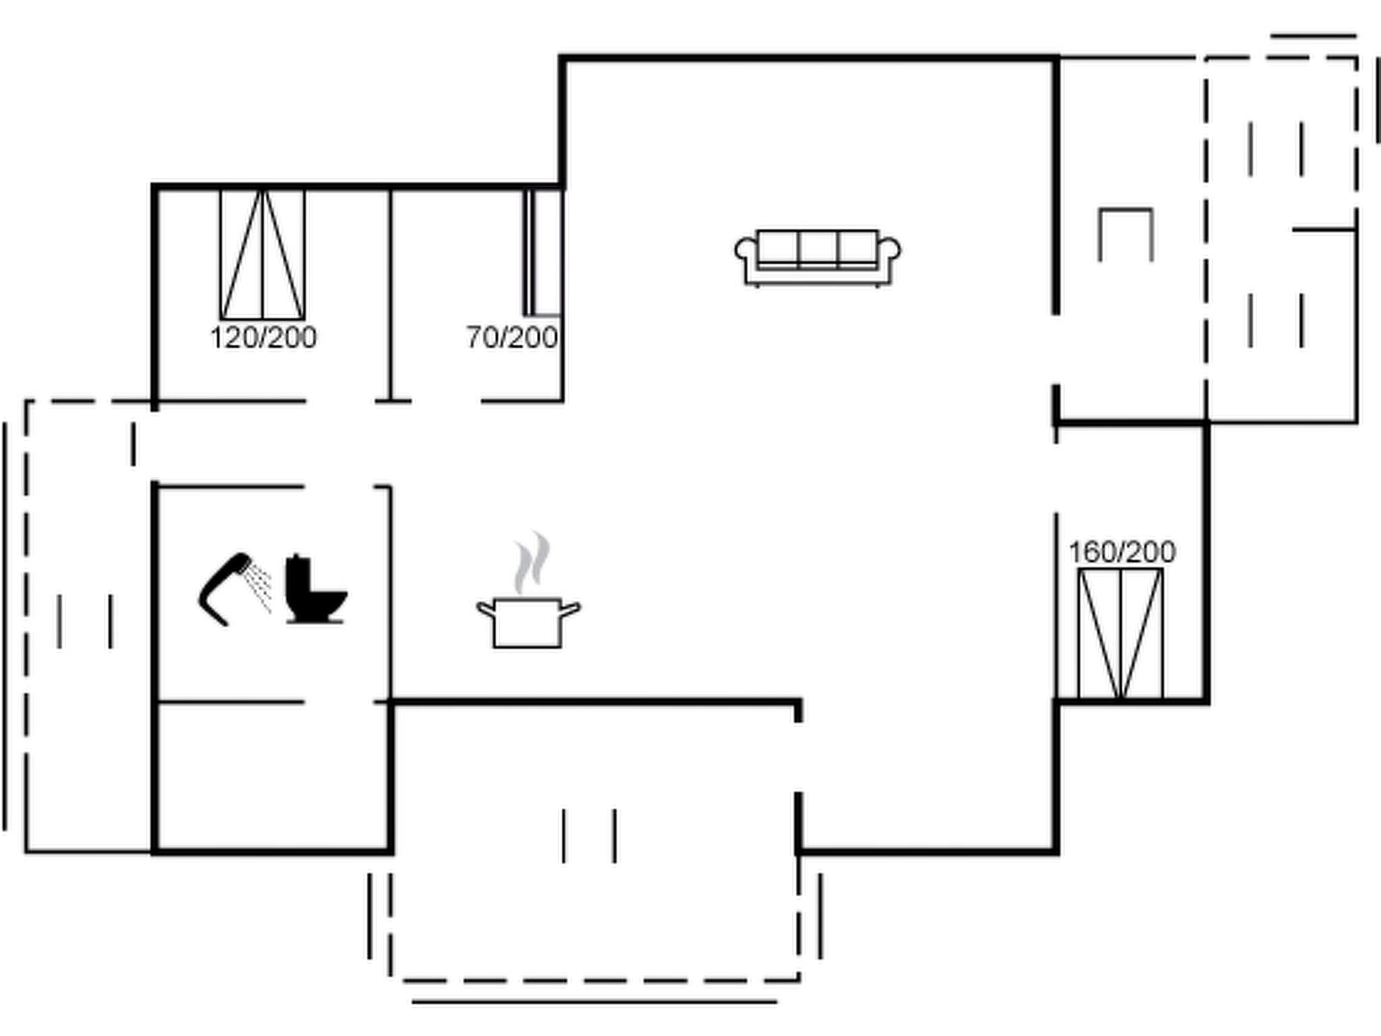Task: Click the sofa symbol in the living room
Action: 817,257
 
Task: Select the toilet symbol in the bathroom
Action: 314,590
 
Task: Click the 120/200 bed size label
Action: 264,337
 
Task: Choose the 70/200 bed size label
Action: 512,337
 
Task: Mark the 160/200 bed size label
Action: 1122,552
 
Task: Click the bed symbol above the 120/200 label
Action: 262,255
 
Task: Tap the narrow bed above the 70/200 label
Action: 543,253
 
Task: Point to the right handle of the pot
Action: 569,610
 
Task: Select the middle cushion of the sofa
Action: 817,248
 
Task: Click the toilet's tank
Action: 297,577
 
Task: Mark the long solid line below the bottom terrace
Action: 594,1002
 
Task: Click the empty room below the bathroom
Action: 272,776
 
